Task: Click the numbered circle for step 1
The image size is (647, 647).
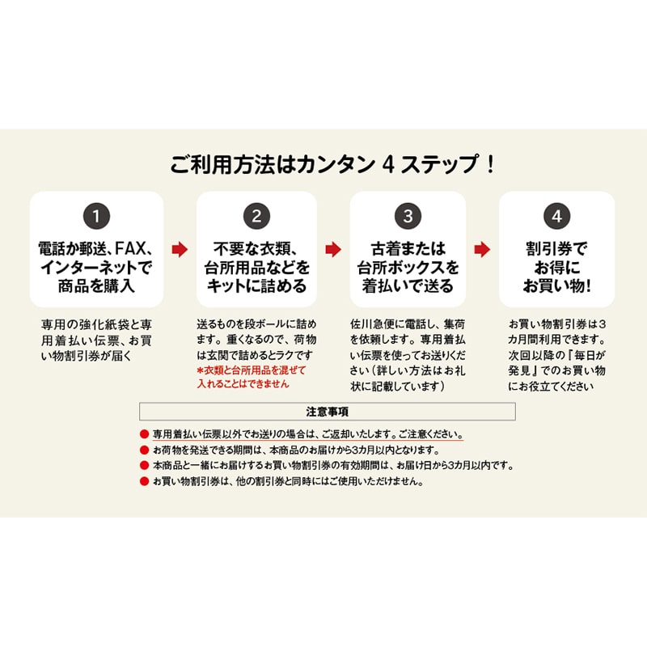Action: coord(96,216)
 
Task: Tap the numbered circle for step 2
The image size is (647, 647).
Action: coord(256,216)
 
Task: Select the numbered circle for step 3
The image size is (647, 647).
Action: coord(408,216)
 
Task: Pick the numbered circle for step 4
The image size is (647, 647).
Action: coord(557,216)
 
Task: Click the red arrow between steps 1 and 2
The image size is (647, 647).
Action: coord(180,250)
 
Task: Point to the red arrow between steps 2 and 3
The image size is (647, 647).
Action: coord(333,250)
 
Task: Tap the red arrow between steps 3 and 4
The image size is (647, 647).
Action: coord(482,250)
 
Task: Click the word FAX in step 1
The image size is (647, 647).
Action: coord(130,248)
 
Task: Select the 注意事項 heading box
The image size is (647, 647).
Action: coord(328,412)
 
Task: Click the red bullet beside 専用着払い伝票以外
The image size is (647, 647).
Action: coord(144,434)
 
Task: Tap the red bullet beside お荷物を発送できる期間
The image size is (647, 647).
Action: coord(144,450)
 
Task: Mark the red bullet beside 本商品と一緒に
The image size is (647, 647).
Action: coord(144,466)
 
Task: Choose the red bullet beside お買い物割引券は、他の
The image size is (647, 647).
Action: coord(144,481)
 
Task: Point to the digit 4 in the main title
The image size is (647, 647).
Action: coord(388,165)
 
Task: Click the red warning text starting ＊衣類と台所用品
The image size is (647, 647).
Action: coord(252,377)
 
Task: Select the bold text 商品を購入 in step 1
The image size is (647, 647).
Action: coord(96,286)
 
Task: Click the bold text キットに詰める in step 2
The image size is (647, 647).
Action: coord(256,286)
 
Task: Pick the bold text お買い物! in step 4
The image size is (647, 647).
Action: coord(557,286)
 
